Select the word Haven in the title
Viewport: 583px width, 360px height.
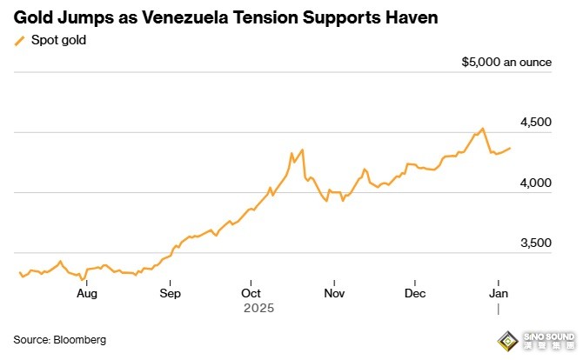point(410,17)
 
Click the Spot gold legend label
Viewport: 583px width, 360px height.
point(58,40)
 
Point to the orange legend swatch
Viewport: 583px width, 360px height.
point(20,40)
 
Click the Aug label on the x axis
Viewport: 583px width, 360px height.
point(86,293)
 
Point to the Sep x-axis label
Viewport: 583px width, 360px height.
point(170,293)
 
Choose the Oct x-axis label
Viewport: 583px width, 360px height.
point(251,293)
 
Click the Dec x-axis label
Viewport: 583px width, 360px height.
point(415,293)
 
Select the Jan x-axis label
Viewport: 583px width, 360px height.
point(498,293)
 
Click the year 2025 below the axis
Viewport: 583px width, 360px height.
point(258,308)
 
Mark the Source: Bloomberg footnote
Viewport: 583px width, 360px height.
point(59,339)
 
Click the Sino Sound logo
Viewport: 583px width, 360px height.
point(540,338)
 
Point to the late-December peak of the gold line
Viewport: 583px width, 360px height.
point(482,129)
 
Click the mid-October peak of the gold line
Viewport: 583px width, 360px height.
point(302,150)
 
